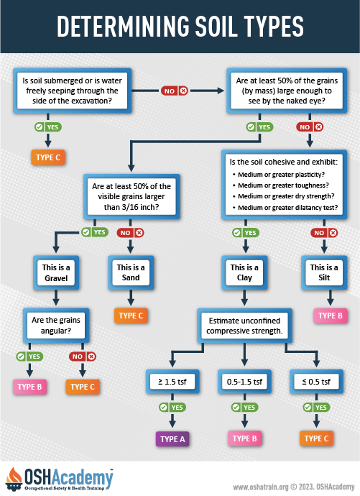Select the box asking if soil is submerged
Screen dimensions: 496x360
click(70, 91)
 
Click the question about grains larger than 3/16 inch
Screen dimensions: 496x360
click(130, 195)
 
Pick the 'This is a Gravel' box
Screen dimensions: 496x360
click(55, 272)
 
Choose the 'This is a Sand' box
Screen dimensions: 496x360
click(131, 272)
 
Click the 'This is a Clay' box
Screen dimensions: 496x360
click(245, 272)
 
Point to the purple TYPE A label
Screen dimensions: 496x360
click(172, 438)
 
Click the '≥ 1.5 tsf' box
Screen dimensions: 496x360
click(172, 380)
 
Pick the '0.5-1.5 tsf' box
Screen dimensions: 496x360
click(245, 380)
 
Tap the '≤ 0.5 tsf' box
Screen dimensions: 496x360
click(316, 380)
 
